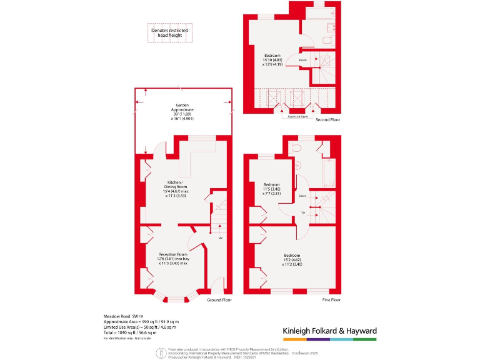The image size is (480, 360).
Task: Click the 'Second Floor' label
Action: click(x=327, y=119)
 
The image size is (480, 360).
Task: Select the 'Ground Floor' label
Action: click(x=219, y=300)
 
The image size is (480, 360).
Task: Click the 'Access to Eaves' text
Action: click(x=297, y=116)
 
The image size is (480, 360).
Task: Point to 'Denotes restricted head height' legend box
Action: click(x=170, y=33)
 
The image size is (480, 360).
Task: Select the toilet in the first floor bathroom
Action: click(x=296, y=148)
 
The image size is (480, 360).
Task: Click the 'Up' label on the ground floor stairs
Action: click(x=220, y=237)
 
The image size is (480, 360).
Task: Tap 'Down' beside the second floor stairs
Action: click(x=302, y=60)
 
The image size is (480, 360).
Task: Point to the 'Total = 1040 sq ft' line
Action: click(x=132, y=332)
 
